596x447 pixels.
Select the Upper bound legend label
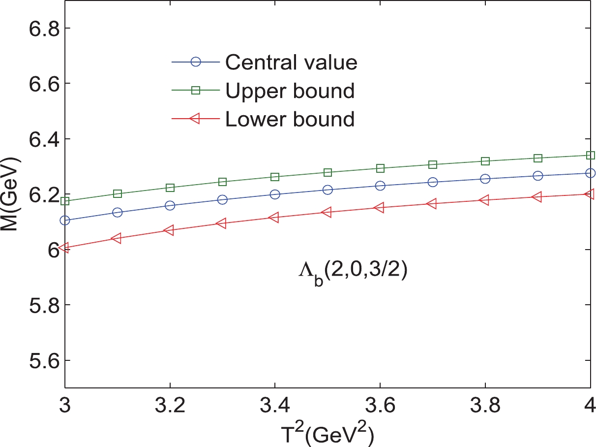click(x=290, y=91)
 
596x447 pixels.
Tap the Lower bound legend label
click(x=290, y=119)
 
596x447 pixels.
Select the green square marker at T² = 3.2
click(x=170, y=188)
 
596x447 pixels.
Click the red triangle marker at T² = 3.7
click(x=432, y=203)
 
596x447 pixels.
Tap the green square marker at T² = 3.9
click(x=537, y=158)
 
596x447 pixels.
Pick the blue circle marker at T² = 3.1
click(x=118, y=212)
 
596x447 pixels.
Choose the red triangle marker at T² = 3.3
click(x=222, y=223)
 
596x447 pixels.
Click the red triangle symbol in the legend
click(x=195, y=119)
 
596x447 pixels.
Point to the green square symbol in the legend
click(x=196, y=91)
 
